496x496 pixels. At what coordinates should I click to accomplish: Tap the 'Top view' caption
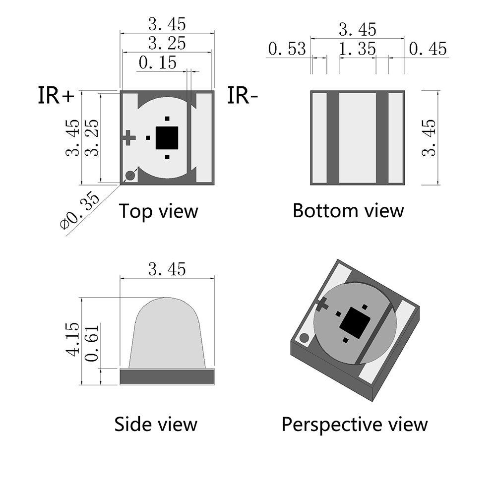[x=158, y=211]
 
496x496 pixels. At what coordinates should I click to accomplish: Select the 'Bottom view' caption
[x=348, y=210]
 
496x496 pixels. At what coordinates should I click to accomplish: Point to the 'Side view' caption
[x=156, y=424]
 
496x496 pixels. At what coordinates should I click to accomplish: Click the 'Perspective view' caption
[x=355, y=425]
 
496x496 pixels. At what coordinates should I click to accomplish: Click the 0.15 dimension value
[x=157, y=63]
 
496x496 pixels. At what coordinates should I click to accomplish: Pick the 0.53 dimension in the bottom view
[x=287, y=49]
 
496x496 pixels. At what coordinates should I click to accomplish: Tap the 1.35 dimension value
[x=357, y=49]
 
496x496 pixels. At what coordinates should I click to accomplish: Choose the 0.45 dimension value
[x=428, y=49]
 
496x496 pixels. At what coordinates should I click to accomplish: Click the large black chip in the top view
[x=167, y=137]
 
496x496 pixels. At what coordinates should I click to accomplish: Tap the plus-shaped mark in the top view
[x=128, y=137]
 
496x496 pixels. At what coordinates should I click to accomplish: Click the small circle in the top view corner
[x=130, y=175]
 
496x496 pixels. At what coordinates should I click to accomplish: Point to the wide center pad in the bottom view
[x=357, y=138]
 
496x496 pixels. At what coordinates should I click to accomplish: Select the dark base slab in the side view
[x=167, y=376]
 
